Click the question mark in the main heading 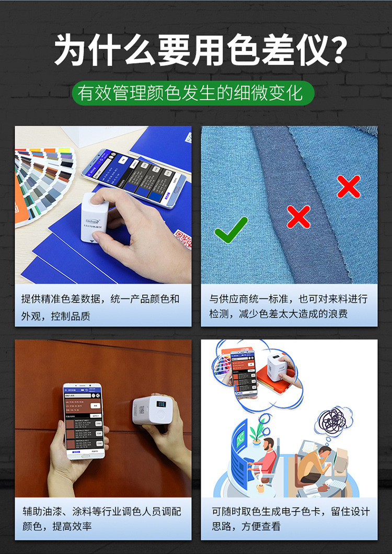pos(339,50)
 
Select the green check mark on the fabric pos(231,229)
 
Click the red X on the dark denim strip pos(298,216)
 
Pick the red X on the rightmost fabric pos(349,186)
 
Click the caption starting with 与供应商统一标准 pos(289,306)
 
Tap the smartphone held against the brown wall pos(84,421)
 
